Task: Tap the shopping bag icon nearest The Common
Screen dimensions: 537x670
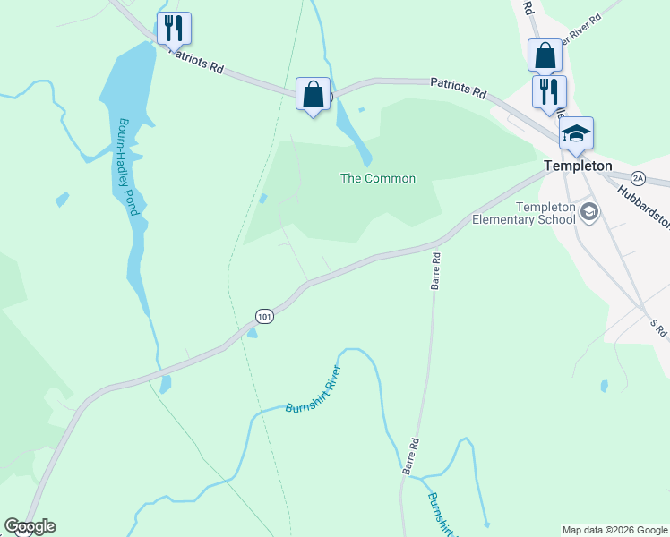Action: [x=313, y=93]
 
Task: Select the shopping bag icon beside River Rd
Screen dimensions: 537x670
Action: [x=544, y=55]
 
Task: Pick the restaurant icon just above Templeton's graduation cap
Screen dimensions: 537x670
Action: [x=548, y=90]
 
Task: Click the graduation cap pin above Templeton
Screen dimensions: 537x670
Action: [x=576, y=133]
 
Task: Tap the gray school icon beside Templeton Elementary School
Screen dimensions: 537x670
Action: [x=589, y=211]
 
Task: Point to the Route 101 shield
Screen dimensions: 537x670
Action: [x=263, y=316]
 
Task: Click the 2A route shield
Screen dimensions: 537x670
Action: [x=638, y=177]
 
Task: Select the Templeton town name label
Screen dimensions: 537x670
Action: [x=579, y=166]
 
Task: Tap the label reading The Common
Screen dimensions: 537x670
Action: [x=378, y=178]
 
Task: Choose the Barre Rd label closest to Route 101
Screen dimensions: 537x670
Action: [x=436, y=268]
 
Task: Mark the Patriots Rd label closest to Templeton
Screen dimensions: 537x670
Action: [x=458, y=87]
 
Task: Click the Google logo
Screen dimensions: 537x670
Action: [x=30, y=526]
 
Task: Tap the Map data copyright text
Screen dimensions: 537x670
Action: [x=614, y=530]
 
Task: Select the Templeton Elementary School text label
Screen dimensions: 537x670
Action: [x=524, y=213]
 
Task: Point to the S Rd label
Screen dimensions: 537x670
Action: [x=658, y=328]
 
